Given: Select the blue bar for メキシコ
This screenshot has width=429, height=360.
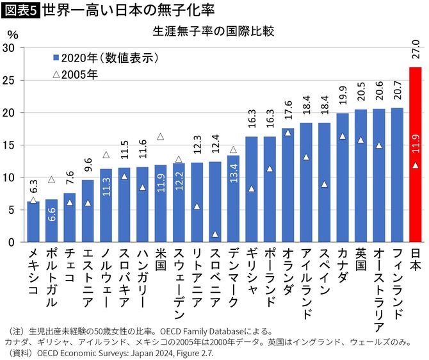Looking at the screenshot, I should pyautogui.click(x=33, y=222).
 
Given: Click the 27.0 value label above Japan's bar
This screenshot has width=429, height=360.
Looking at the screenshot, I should pyautogui.click(x=416, y=51).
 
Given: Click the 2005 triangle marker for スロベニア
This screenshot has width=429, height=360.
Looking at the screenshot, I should pyautogui.click(x=215, y=234).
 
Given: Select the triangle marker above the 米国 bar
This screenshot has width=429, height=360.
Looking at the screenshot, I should pyautogui.click(x=161, y=136).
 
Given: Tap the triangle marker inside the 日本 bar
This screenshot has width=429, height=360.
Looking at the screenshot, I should pyautogui.click(x=416, y=165).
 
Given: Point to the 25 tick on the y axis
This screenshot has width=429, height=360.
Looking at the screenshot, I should pyautogui.click(x=10, y=80).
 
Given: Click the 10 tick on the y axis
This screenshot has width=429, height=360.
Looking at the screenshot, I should pyautogui.click(x=10, y=177).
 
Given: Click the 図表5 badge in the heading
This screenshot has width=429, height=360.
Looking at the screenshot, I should pyautogui.click(x=19, y=10).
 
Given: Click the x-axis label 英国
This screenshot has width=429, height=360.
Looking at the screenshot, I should pyautogui.click(x=360, y=260).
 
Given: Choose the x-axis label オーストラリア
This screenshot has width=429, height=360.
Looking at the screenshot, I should pyautogui.click(x=378, y=286).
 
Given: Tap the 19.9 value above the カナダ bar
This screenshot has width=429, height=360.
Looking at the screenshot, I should pyautogui.click(x=343, y=98).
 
